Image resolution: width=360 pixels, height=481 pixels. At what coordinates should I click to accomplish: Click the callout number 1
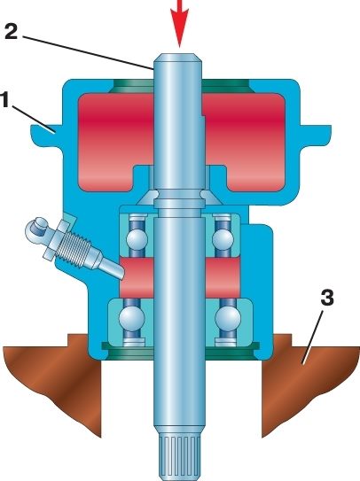tap(4, 101)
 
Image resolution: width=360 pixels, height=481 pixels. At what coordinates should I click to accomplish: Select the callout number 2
tap(12, 32)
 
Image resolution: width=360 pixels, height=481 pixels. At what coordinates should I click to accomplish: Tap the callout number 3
tap(327, 299)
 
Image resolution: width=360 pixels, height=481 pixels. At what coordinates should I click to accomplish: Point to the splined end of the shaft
tap(179, 458)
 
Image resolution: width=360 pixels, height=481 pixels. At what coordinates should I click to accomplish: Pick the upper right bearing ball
tap(223, 239)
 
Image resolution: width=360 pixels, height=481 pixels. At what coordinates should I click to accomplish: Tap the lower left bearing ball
tap(132, 318)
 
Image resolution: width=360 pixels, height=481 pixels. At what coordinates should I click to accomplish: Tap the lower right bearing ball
tap(228, 318)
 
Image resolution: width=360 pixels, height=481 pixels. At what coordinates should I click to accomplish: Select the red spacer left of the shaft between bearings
tap(137, 277)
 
